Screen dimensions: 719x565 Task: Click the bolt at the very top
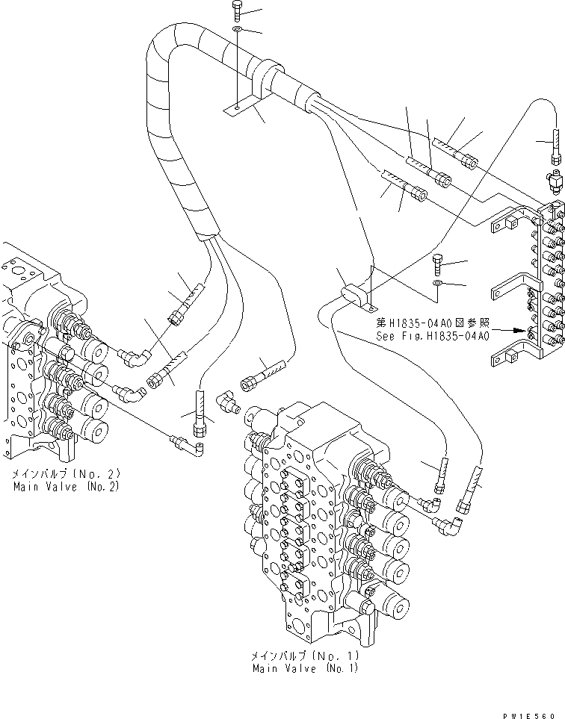click(237, 10)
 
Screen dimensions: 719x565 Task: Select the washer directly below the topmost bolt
click(237, 28)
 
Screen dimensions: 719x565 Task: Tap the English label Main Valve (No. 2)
click(66, 486)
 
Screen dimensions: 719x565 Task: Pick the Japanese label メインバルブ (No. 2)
click(66, 474)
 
